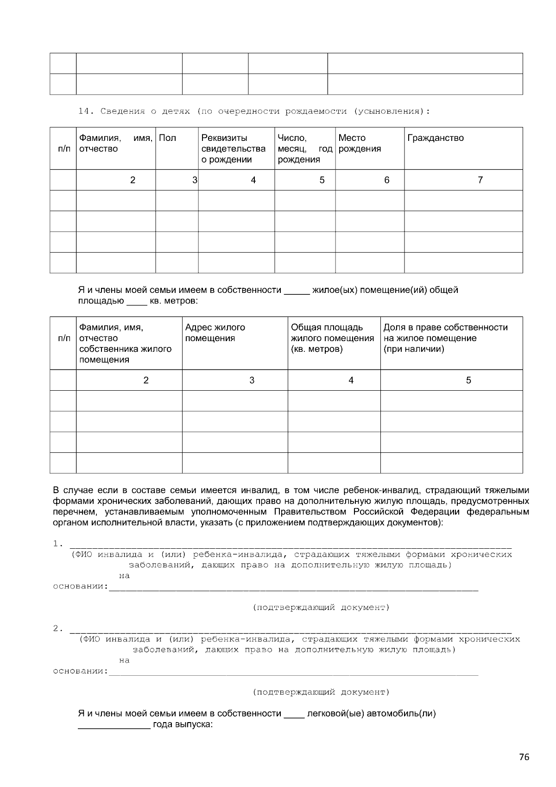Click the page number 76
click(524, 757)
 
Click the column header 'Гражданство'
click(435, 138)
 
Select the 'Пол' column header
click(167, 138)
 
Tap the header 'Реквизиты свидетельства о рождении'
click(234, 149)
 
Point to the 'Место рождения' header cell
click(360, 143)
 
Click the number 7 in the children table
click(480, 180)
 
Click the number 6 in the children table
click(386, 180)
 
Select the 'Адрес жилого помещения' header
click(215, 333)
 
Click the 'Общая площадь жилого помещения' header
click(332, 338)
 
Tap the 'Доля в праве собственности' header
click(445, 328)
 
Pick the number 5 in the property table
click(468, 381)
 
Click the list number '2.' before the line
click(57, 628)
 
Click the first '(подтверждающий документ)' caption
click(321, 607)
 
